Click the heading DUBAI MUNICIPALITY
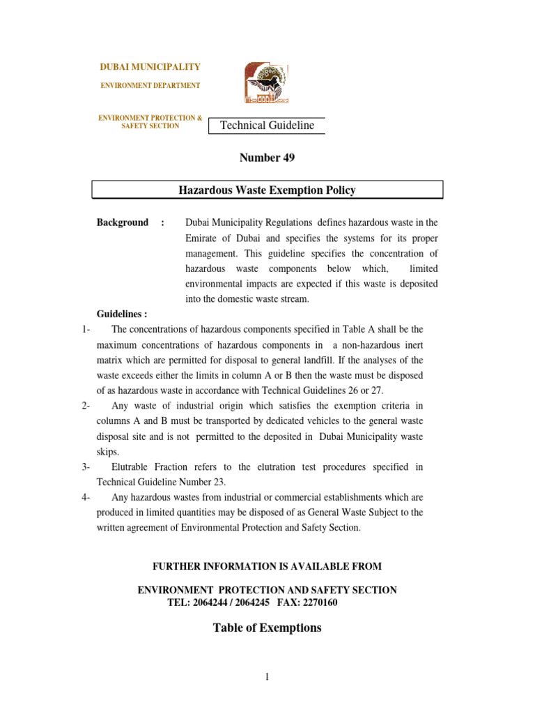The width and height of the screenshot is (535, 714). (150, 67)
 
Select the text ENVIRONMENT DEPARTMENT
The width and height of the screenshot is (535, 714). (150, 86)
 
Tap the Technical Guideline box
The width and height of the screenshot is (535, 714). (267, 126)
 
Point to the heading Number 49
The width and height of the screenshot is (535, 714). (267, 158)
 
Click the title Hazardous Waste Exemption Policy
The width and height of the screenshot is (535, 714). (267, 190)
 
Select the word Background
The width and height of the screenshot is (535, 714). (122, 222)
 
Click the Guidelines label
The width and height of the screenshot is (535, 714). (121, 314)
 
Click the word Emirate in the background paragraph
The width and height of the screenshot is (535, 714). (203, 238)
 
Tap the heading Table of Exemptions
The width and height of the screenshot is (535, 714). (267, 628)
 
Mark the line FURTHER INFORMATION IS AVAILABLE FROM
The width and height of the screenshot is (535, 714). (267, 565)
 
